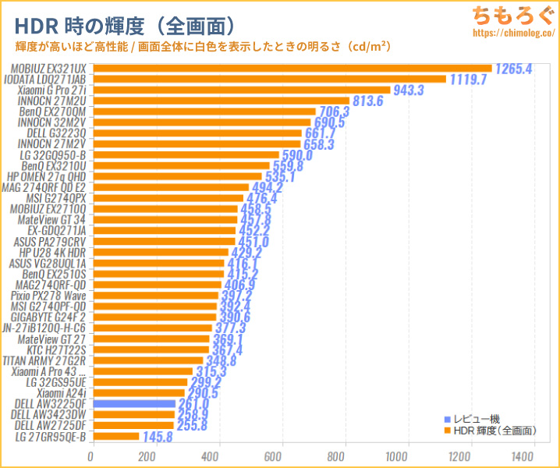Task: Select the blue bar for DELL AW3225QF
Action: pyautogui.click(x=133, y=403)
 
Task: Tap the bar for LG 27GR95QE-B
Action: pyautogui.click(x=115, y=436)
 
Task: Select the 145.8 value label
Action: pyautogui.click(x=159, y=437)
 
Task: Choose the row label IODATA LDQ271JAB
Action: pyautogui.click(x=48, y=80)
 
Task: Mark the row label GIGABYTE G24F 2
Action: pyautogui.click(x=49, y=317)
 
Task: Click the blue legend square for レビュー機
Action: pyautogui.click(x=447, y=419)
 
